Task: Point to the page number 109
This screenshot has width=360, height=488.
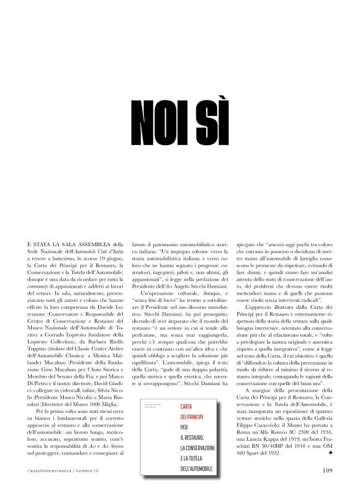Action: coord(328,469)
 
